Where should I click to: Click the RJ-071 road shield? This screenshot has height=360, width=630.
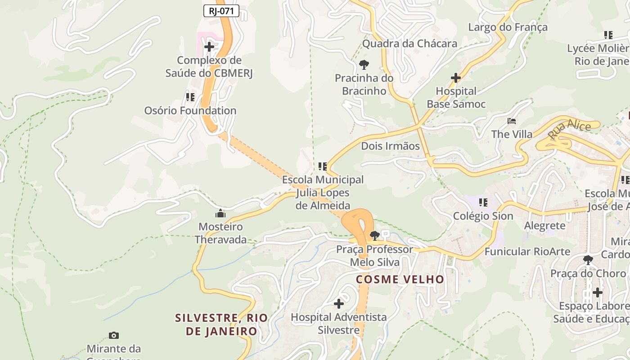221,11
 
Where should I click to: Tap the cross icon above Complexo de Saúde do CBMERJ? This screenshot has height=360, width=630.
209,46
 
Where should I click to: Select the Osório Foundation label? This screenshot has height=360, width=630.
190,110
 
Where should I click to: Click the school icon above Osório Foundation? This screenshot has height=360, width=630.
190,97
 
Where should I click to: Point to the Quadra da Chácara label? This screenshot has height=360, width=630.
409,44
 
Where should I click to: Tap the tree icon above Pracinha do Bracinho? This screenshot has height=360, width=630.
364,64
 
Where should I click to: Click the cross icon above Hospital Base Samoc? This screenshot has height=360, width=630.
456,78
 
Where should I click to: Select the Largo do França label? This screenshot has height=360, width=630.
508,27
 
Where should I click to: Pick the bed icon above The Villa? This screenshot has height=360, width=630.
512,121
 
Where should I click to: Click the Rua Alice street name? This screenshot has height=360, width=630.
569,129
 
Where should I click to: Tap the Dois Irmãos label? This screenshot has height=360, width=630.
390,146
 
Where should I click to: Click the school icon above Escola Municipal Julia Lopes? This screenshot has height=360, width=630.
322,166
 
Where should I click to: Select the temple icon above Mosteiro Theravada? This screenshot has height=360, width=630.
220,213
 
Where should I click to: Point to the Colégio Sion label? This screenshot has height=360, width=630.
483,216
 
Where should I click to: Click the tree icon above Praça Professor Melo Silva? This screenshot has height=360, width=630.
374,235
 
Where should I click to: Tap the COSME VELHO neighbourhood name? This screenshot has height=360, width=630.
400,279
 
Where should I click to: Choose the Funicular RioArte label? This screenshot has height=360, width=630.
527,252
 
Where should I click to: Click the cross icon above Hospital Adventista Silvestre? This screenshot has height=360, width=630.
338,304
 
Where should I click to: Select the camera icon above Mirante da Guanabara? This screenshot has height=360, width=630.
114,335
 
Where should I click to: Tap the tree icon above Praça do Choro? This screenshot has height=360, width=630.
588,260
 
